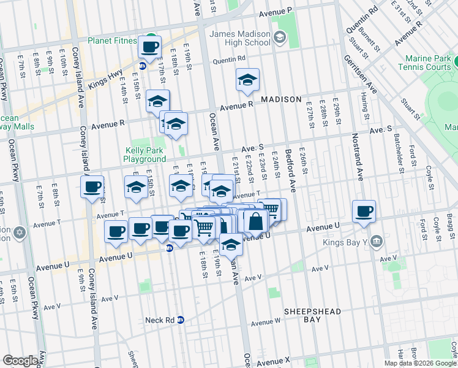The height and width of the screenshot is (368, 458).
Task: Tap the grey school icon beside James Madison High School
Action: pos(280,38)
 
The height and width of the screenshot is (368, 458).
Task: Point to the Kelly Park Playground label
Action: pos(145,154)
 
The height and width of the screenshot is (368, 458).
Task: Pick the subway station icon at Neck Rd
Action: pos(181,320)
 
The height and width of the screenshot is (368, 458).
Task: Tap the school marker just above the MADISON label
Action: pos(247,80)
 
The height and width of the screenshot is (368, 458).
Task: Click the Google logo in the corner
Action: pos(20,361)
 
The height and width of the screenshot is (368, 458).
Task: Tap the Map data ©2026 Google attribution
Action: pos(421,363)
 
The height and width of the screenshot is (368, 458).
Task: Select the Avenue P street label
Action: pos(275,12)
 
